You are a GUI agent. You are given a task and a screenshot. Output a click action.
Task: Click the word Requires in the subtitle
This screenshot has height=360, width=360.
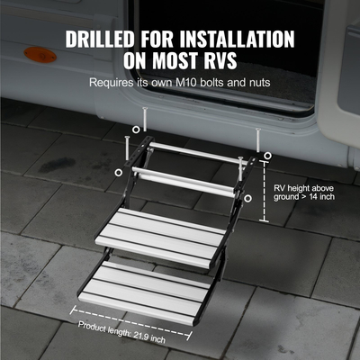coord(112,82)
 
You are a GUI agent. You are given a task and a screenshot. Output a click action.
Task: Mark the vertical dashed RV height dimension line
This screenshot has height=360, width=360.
coord(264,189)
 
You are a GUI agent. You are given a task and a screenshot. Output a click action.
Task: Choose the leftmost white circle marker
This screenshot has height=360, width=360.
coord(120,171)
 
